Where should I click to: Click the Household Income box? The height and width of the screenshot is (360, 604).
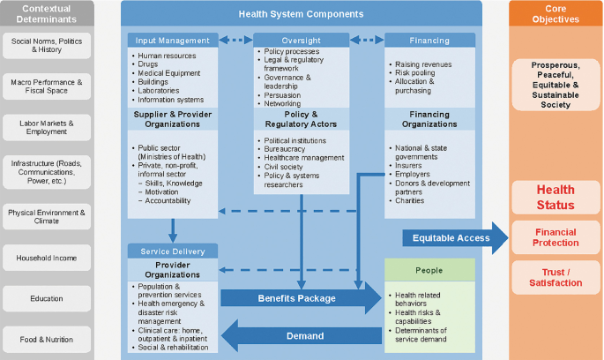click(x=47, y=259)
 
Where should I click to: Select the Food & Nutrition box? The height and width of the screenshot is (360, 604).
click(x=47, y=340)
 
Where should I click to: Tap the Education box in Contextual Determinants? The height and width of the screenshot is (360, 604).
click(x=47, y=298)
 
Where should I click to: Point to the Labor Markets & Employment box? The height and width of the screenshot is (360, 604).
click(x=47, y=128)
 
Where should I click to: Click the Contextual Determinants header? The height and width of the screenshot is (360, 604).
click(x=47, y=13)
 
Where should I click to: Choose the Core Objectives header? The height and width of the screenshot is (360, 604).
click(x=556, y=13)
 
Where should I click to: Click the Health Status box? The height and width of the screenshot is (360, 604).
click(x=556, y=197)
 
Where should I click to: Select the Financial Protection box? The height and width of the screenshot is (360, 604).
click(x=556, y=236)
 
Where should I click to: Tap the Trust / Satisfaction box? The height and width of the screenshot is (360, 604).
click(x=556, y=277)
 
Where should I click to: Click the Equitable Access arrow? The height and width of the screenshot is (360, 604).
click(x=454, y=238)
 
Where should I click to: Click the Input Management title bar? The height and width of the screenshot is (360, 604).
click(x=173, y=40)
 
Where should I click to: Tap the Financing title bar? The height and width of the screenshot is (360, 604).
click(x=429, y=40)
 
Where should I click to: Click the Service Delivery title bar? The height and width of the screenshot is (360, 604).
click(x=173, y=251)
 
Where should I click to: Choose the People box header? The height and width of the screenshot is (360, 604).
click(x=429, y=270)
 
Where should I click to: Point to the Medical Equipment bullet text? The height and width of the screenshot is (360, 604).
click(x=170, y=73)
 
